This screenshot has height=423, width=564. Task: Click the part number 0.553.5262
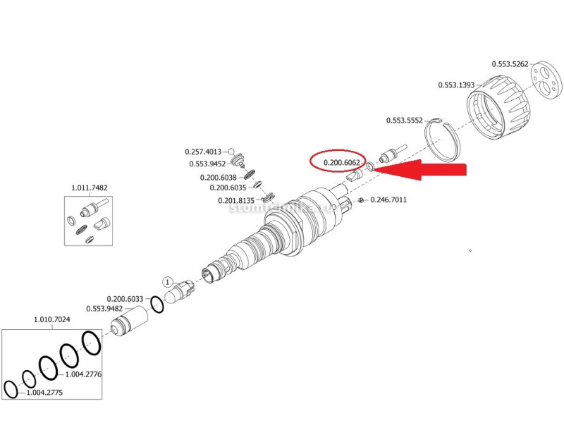tap(508, 64)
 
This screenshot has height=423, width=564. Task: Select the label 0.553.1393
tap(457, 85)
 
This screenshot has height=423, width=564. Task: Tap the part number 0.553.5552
tap(404, 121)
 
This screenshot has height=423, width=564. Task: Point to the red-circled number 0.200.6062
tap(342, 163)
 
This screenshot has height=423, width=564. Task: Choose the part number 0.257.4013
tap(203, 152)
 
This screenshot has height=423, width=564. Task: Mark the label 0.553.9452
tap(207, 164)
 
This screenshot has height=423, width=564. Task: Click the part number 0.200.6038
tap(223, 178)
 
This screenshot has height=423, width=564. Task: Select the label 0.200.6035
tap(228, 188)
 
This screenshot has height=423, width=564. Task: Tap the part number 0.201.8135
tap(236, 201)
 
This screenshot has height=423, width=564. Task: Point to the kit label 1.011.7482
tap(89, 188)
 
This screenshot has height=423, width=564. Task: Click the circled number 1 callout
tap(168, 281)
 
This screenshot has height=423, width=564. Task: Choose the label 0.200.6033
tap(125, 298)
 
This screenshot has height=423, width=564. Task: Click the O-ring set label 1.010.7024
tap(52, 319)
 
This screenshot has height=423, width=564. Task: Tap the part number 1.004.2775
tap(44, 393)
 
